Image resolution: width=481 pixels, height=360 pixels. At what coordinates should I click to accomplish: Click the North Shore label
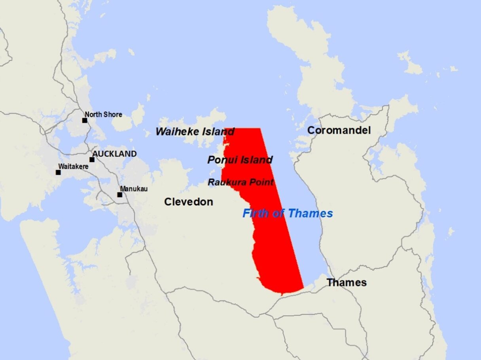tap(103, 114)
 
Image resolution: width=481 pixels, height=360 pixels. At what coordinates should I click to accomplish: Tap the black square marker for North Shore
tap(85, 120)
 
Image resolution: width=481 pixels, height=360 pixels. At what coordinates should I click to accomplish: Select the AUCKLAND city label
tap(114, 154)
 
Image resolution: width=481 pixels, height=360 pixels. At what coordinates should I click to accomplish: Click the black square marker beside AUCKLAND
tap(92, 159)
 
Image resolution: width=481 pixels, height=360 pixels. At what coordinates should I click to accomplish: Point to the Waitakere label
tap(73, 167)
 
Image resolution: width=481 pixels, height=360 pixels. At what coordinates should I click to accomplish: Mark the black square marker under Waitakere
tap(58, 172)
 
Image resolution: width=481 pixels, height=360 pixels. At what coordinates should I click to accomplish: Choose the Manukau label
tap(134, 189)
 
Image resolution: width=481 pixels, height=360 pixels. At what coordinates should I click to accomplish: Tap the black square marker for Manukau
tap(119, 195)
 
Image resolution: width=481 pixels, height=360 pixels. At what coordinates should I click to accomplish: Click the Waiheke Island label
tap(195, 132)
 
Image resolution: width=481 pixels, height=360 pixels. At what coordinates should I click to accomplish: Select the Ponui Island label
tap(240, 160)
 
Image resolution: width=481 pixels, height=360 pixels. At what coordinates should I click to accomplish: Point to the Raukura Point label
tap(240, 182)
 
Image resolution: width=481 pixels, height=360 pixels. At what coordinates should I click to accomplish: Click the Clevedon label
tap(188, 202)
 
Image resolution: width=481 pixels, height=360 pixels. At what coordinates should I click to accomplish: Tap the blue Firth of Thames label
tap(288, 214)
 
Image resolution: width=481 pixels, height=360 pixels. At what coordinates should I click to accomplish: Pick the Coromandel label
tap(339, 130)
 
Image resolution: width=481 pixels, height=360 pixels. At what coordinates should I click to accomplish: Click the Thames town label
tap(347, 282)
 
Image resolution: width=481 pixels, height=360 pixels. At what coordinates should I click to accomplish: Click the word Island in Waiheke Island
tap(217, 132)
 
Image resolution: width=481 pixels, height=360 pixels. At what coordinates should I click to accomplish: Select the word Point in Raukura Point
tap(262, 182)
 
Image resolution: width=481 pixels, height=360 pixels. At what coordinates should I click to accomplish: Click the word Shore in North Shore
tap(113, 114)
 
